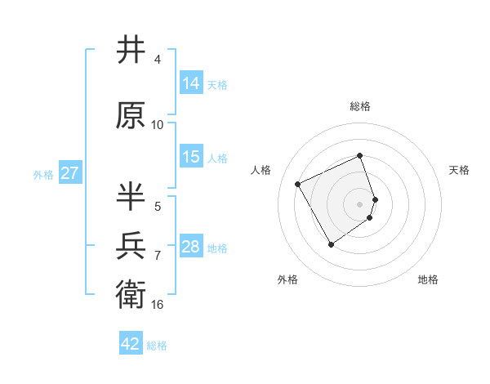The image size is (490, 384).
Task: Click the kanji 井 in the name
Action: pos(131,50)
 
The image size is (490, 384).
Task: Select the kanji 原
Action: pos(131,115)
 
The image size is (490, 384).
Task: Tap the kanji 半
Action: pos(131,196)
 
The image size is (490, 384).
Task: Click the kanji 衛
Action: pos(131,294)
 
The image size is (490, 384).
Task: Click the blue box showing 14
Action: pos(191,83)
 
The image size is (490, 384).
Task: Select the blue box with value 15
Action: pos(191,157)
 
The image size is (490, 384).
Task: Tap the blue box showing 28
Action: pos(191,247)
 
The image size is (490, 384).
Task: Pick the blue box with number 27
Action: pos(69,173)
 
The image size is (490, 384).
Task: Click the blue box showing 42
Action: pos(131,344)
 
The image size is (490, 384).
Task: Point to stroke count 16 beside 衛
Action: pos(158,305)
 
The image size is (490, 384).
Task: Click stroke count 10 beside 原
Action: pos(158,125)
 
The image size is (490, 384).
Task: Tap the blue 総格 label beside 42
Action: pos(157,346)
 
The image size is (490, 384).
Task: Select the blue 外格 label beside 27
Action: pos(43,174)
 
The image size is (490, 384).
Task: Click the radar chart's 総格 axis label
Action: pos(360,106)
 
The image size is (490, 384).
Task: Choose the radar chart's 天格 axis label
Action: pos(459,170)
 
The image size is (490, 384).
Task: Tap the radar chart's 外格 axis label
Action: pos(287,280)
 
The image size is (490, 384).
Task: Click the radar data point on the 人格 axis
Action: pos(298,184)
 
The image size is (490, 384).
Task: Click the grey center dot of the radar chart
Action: pos(360,203)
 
